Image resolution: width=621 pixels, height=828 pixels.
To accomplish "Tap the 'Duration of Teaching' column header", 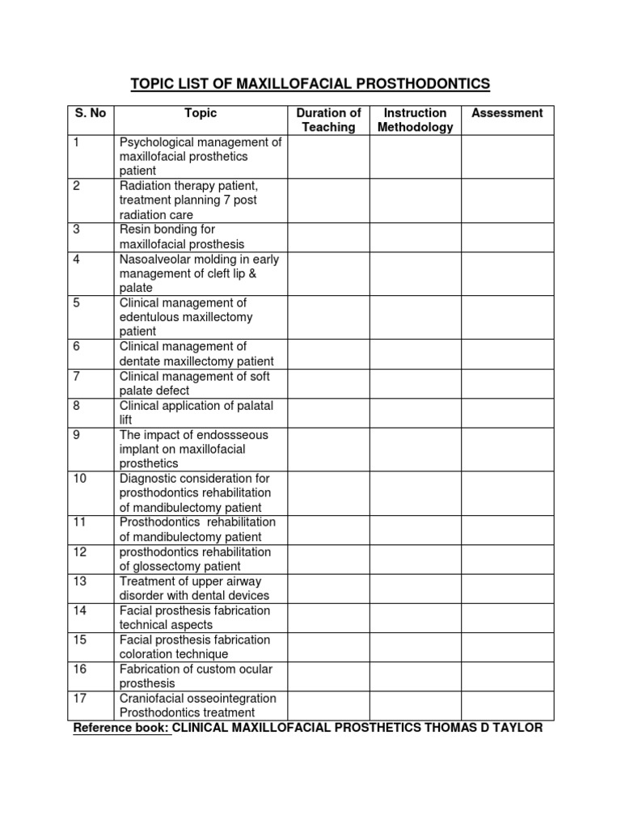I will click(328, 120).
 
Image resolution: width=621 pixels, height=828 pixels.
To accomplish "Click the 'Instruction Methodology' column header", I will click(416, 120).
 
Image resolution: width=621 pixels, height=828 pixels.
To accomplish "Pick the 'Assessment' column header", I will click(507, 113).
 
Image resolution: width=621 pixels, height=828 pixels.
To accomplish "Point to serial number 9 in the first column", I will click(76, 435).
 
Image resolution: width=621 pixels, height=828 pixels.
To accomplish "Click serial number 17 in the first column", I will click(79, 698).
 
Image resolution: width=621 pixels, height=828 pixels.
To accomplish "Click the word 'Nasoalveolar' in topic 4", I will click(155, 259).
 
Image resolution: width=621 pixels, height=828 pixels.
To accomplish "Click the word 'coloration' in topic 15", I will click(147, 654).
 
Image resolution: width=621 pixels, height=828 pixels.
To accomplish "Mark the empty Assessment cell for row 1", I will click(507, 157).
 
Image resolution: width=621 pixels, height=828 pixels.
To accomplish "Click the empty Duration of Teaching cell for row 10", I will click(328, 493).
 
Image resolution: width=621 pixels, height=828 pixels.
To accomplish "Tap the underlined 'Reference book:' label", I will click(121, 728).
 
